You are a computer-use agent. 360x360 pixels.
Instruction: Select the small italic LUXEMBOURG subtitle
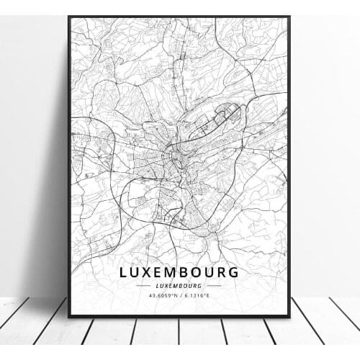(180, 285)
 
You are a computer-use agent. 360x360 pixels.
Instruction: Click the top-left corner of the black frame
(70, 17)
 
